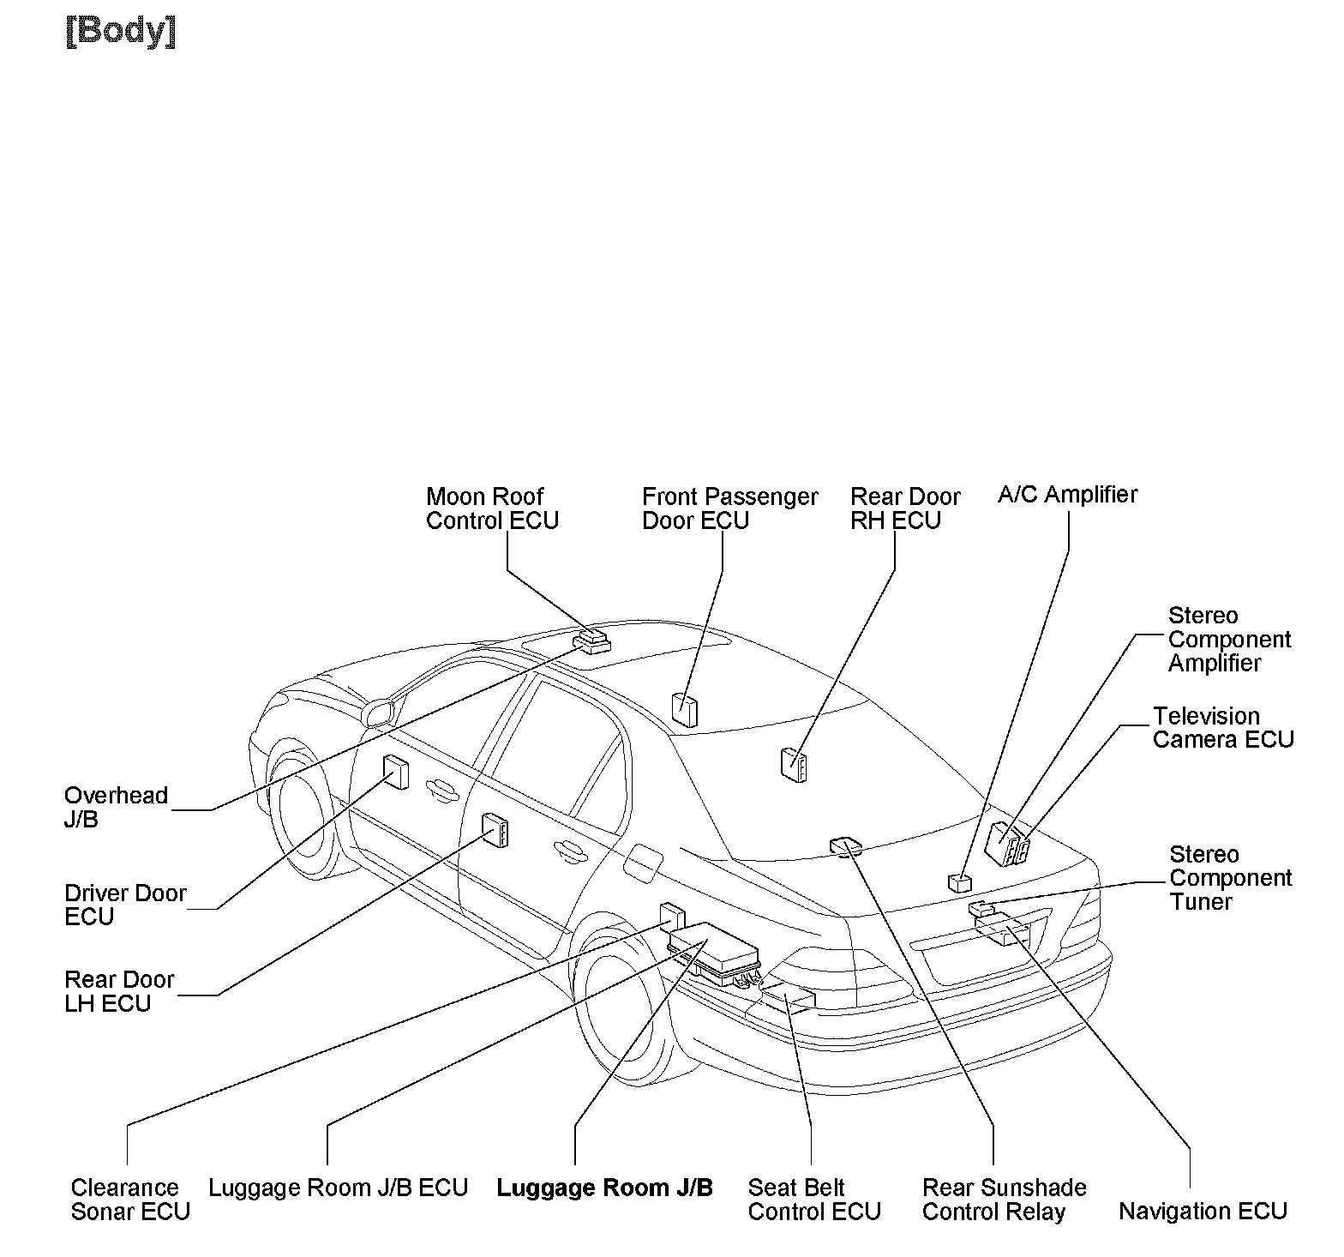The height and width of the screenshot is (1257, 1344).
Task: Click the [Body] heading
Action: pyautogui.click(x=121, y=32)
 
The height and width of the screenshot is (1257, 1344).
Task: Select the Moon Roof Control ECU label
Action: pyautogui.click(x=492, y=508)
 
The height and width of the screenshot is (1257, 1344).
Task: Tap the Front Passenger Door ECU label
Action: pyautogui.click(x=729, y=508)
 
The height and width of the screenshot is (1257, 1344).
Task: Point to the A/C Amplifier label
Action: pyautogui.click(x=1067, y=495)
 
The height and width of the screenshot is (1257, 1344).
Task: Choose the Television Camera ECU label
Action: pyautogui.click(x=1222, y=728)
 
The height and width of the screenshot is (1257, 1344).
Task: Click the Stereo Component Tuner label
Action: pyautogui.click(x=1229, y=878)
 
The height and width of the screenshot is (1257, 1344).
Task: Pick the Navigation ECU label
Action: pyautogui.click(x=1203, y=1211)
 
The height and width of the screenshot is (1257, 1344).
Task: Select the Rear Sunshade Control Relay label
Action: pyautogui.click(x=1004, y=1200)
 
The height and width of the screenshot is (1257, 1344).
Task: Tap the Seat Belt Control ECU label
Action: pyautogui.click(x=813, y=1200)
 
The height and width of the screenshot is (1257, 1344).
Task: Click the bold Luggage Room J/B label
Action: pyautogui.click(x=604, y=1188)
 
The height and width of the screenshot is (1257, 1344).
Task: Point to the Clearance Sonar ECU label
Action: pyautogui.click(x=129, y=1200)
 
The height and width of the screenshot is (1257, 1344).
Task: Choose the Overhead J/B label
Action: pyautogui.click(x=116, y=807)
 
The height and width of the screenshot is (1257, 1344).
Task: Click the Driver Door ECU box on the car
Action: pyautogui.click(x=395, y=772)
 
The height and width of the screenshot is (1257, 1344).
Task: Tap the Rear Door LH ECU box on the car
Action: pyautogui.click(x=495, y=829)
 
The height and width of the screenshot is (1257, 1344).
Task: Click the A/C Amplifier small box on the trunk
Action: pyautogui.click(x=959, y=882)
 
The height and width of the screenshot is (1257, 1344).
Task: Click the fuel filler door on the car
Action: pyautogui.click(x=643, y=861)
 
